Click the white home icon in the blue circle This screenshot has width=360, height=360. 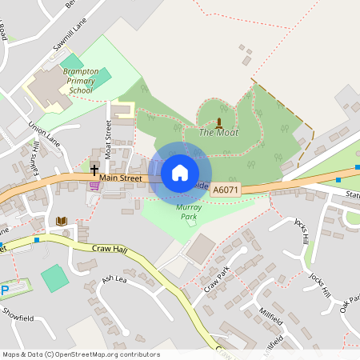tap(180, 172)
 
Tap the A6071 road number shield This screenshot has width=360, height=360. tap(224, 190)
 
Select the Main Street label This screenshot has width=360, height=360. tap(122, 178)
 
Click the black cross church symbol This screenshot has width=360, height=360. tap(94, 170)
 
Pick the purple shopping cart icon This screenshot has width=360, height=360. tap(94, 186)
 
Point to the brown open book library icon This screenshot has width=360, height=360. tap(62, 220)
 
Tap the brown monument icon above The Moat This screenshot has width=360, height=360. tap(219, 121)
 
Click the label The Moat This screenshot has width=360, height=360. tap(218, 133)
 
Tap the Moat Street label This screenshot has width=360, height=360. tap(107, 138)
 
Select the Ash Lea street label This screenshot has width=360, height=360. tap(114, 279)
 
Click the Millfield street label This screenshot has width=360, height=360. tap(271, 315)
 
